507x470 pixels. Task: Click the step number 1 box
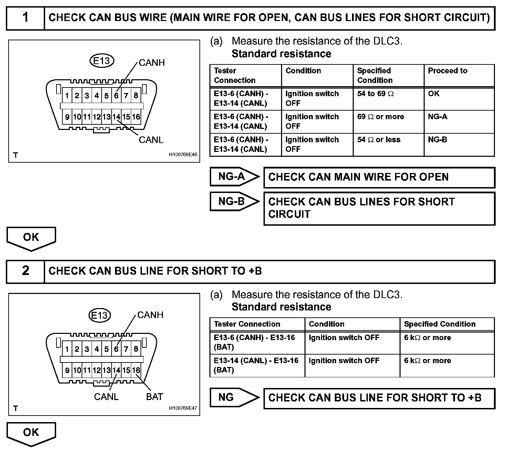[25, 18]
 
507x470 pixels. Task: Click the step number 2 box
[25, 271]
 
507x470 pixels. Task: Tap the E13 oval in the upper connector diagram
[102, 61]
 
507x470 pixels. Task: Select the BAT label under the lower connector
[154, 397]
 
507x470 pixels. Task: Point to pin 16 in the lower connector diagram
[136, 370]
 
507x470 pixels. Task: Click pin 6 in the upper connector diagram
[116, 96]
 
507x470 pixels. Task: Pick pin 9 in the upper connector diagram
[67, 117]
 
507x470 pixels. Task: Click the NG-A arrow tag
[234, 177]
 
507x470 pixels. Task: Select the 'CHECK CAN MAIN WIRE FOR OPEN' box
[379, 177]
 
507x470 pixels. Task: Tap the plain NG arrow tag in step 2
[234, 398]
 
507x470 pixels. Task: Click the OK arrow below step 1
[31, 238]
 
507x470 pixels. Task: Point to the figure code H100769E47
[183, 408]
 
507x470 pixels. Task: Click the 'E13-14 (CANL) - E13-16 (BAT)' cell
[256, 365]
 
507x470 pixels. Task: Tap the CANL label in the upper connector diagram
[151, 140]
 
